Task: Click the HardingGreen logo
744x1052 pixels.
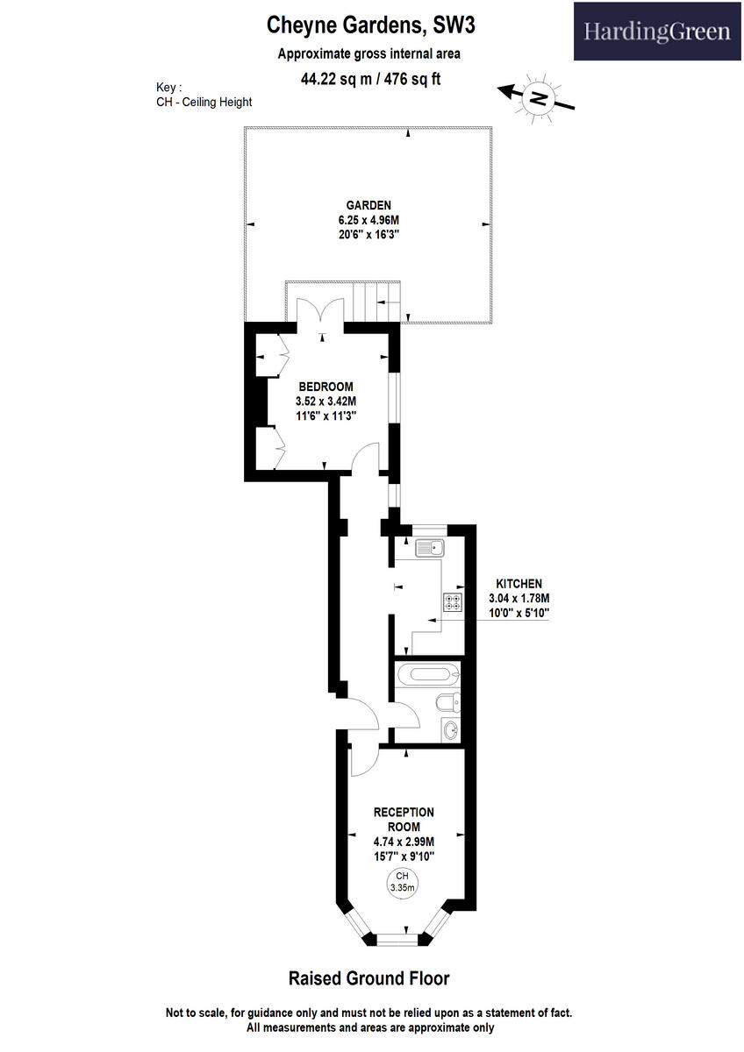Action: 657,32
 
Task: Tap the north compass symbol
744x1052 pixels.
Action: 539,97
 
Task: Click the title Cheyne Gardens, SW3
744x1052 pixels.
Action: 371,27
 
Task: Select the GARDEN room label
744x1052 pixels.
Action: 368,205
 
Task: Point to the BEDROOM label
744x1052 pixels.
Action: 325,387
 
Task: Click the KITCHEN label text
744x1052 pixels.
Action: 519,583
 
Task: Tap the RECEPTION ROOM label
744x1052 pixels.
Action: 404,819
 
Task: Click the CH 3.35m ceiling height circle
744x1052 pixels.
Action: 403,882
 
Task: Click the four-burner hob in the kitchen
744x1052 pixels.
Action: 454,602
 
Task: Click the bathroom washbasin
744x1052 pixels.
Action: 450,729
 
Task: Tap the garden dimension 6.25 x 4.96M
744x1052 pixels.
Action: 368,220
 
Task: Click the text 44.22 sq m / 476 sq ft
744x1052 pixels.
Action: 370,78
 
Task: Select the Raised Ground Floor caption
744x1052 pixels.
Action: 368,978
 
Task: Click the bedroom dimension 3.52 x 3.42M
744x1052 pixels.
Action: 325,402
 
